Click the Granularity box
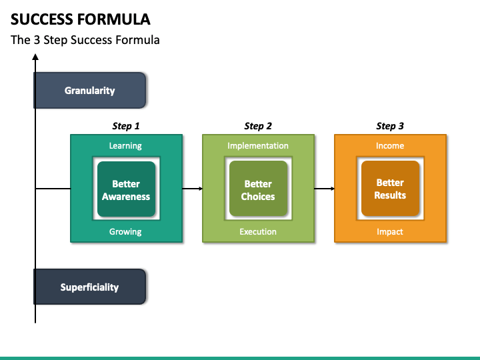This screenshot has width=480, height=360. pos(90,90)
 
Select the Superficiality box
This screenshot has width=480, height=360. pos(90,287)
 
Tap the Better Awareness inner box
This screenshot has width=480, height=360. pos(126,189)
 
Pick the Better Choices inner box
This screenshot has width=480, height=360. pos(258,189)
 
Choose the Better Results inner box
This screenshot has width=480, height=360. pos(390,189)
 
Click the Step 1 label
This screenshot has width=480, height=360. pos(126,126)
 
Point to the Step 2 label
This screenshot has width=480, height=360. pos(258,126)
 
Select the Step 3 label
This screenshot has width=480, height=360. pos(390,126)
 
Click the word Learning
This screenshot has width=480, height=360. pos(125,146)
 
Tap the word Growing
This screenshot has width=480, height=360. pos(125,232)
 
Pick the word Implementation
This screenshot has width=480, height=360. pos(258,146)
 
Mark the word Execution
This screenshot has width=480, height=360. pos(258,232)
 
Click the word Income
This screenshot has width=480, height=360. pos(390,146)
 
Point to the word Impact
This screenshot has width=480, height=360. pos(390,232)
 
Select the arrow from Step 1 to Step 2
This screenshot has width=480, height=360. pos(193,189)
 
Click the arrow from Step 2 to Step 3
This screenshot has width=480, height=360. pos(325,189)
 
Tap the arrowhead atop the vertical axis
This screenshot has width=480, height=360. pos(35,57)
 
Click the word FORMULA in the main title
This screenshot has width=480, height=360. pos(113,19)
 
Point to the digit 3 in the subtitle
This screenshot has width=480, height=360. pos(37,40)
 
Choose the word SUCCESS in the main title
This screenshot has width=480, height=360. pos(42,19)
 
